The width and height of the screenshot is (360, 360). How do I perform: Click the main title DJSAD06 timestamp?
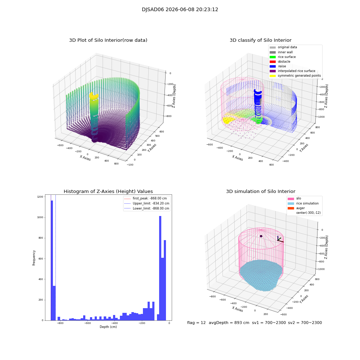pos(180,9)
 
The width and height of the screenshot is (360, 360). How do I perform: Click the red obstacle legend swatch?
pos(273,62)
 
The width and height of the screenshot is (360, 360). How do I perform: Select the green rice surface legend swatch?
pos(273,57)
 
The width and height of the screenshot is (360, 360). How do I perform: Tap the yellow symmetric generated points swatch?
pos(273,76)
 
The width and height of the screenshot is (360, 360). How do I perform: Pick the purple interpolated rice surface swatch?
pos(273,71)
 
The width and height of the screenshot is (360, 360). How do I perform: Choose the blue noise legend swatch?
pos(273,66)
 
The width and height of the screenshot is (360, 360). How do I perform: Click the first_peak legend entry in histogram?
pos(145,198)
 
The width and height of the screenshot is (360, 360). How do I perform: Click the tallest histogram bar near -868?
pos(52,260)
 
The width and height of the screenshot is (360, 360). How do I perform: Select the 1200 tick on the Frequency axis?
pos(40,197)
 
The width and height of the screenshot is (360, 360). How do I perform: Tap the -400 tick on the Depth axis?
pos(115,323)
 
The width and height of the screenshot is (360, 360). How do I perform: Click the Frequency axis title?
pos(34,258)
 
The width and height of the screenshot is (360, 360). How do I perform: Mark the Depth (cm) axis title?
pos(108,327)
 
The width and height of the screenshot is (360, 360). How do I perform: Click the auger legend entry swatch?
pos(291,208)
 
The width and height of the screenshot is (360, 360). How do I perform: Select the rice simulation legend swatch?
pos(291,203)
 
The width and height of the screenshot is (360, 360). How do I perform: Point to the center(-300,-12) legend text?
pos(309,213)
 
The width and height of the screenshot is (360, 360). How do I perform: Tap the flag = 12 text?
pos(196,323)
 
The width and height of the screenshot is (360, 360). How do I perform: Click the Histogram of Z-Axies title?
pos(108,191)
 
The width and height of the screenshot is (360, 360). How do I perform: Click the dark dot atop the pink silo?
pos(261,236)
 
